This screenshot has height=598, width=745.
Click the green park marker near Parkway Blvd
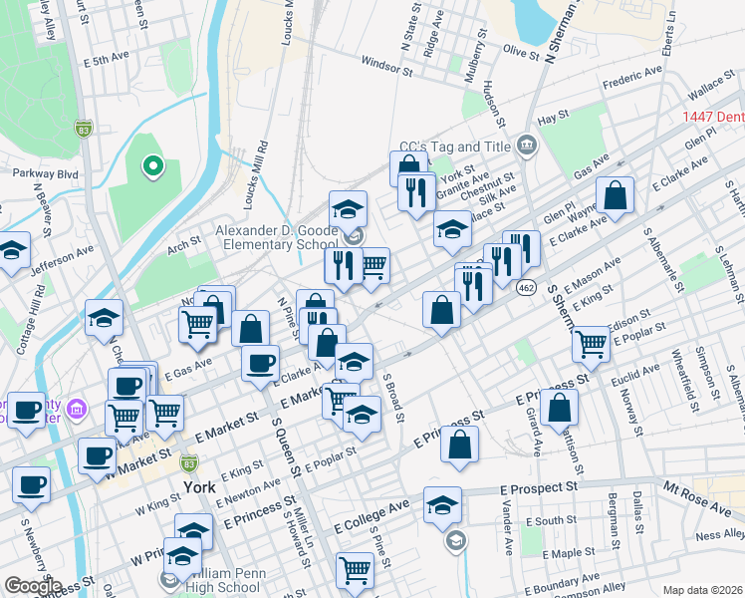[152, 166]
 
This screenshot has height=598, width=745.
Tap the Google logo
[32, 585]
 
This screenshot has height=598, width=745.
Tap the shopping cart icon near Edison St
[592, 343]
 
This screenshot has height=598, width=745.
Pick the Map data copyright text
[701, 590]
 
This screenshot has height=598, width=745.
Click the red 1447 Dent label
[712, 117]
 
